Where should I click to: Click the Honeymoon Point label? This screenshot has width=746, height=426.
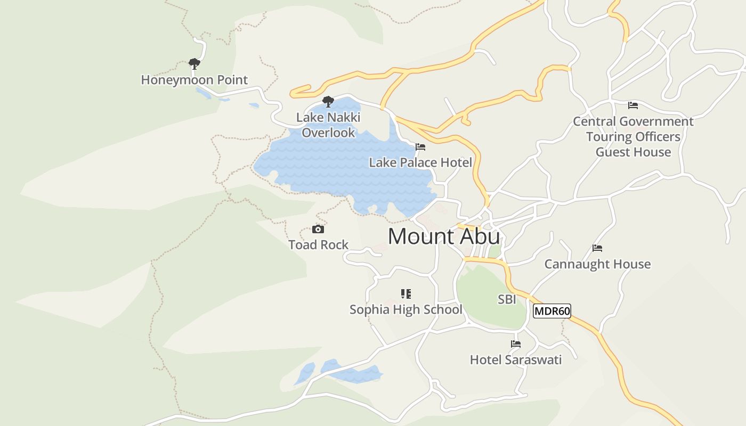pos(194,80)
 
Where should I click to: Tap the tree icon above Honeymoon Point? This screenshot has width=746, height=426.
pos(194,64)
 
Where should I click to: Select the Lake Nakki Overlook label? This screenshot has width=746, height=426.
pos(328,125)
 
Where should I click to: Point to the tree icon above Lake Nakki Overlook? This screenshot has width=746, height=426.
pos(328,101)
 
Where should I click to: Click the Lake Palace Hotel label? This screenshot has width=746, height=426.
pos(420,162)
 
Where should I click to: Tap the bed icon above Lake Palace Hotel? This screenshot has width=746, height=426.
pos(420,147)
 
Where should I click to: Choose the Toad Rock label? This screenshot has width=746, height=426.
pos(318,244)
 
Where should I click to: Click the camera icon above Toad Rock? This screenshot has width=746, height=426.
pos(318,230)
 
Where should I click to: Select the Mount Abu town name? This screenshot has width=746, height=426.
pos(444,236)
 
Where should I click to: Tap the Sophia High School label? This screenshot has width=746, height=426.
pos(406,309)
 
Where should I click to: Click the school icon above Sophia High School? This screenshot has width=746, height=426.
pos(406,294)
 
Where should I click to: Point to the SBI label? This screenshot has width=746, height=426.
pos(507,299)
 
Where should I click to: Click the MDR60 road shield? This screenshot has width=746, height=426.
pos(552,311)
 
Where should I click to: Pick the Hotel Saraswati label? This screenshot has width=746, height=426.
pos(515,360)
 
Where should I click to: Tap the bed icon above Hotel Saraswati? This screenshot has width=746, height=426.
pos(515,344)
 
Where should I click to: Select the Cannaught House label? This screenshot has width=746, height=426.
pos(597,264)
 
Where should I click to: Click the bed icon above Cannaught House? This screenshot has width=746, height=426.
pos(597,248)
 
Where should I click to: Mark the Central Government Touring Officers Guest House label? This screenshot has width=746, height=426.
pos(633,137)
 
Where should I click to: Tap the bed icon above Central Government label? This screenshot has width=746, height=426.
pos(633,105)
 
